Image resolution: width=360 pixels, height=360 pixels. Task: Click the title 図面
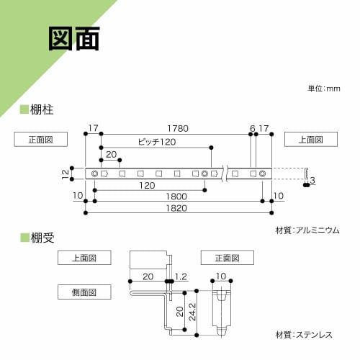(74, 40)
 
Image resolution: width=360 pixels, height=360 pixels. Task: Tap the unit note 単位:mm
(323, 89)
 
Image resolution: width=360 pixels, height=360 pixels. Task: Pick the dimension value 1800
(177, 196)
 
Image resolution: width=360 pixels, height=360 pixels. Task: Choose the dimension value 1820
(177, 208)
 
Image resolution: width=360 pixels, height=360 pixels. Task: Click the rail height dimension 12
(65, 173)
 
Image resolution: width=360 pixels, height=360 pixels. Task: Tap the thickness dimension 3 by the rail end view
(313, 179)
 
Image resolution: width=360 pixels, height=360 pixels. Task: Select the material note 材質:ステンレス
(307, 336)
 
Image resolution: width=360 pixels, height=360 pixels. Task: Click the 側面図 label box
(85, 291)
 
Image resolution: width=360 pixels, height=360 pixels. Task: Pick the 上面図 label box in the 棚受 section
(85, 258)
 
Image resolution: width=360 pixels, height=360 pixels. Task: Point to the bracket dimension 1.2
(181, 276)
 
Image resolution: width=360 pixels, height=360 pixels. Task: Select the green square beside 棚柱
(24, 109)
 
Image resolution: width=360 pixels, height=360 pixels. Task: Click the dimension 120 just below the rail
(148, 185)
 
